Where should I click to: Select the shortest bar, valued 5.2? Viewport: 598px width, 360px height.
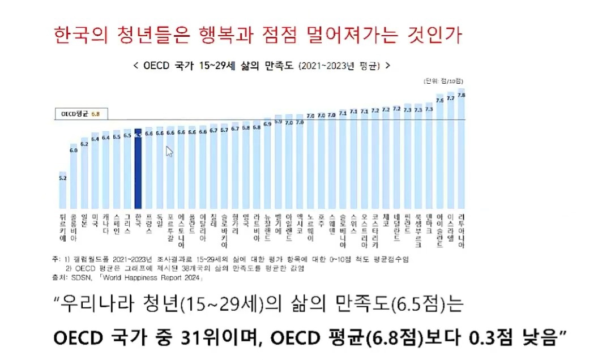[x=62, y=190]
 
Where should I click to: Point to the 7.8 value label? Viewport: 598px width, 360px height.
[x=461, y=96]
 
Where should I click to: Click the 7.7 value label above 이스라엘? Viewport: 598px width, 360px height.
[x=451, y=98]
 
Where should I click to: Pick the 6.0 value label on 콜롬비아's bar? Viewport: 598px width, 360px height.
[x=73, y=151]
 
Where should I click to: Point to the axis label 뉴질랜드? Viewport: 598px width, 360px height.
[x=267, y=225]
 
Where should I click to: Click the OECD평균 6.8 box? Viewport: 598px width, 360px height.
[x=79, y=114]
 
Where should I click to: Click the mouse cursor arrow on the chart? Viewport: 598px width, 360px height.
[x=169, y=151]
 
